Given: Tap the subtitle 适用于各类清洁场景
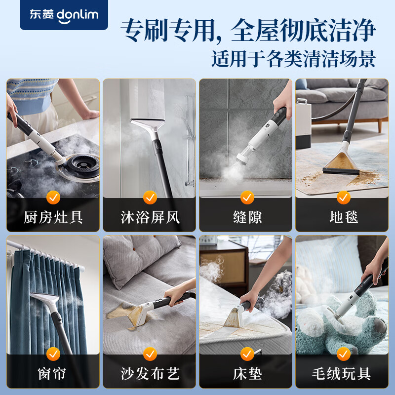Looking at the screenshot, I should coord(293,59).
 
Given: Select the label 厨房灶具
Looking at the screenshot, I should coord(53,217).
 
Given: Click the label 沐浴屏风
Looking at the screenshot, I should coord(150,217).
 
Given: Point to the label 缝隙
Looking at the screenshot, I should coord(247,217).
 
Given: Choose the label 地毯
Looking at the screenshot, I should coord(343,217).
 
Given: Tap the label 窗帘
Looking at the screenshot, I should coord(53,373).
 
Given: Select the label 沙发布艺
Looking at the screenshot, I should coord(150,373).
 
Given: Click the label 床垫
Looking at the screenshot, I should coord(247,373).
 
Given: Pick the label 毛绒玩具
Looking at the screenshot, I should coord(343,373).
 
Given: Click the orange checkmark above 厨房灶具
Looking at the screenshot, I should coord(53,198).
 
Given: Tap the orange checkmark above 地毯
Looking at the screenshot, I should coord(343,198).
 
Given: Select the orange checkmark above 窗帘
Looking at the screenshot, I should coord(53,354).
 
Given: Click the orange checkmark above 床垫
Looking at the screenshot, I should coord(247,354).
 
